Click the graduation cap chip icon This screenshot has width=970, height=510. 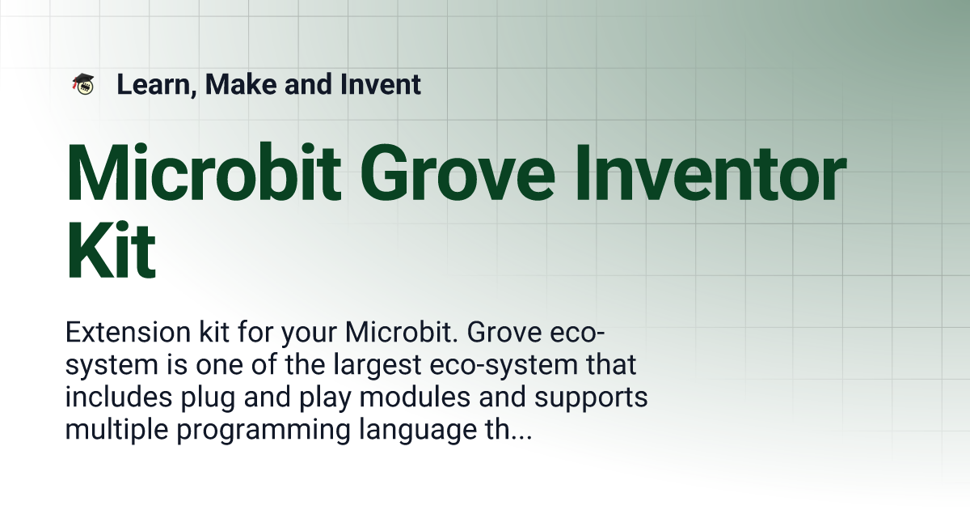(82, 83)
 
